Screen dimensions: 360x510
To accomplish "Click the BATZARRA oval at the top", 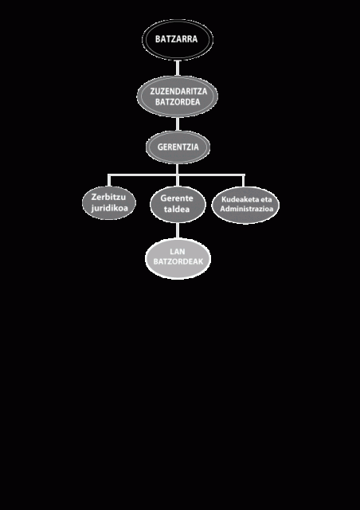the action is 178,40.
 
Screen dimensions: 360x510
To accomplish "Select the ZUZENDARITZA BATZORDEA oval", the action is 178,96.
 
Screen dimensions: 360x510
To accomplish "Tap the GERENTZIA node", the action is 178,147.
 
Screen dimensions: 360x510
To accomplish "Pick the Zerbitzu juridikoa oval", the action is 109,203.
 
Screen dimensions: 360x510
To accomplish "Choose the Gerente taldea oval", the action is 178,204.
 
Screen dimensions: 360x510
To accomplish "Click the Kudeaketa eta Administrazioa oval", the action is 245,205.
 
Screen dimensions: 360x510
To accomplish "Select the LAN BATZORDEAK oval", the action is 178,259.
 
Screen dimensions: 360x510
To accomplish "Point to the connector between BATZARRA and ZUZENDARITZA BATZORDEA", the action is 178,68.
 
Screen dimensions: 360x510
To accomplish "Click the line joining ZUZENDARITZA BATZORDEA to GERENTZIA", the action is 178,124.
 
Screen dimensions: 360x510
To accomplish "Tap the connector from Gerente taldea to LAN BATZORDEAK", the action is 178,231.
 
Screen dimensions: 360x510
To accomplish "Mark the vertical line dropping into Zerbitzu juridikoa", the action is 109,181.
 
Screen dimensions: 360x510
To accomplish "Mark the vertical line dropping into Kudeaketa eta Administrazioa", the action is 244,181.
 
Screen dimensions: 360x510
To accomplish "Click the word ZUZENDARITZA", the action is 178,91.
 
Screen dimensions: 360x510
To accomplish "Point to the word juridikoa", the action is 110,208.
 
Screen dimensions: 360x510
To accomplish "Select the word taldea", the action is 177,209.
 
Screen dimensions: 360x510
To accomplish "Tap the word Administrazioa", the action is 246,209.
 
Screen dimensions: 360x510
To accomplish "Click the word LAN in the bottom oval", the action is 178,252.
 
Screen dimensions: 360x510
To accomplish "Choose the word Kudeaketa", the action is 237,199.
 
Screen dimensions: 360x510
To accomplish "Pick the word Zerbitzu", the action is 108,197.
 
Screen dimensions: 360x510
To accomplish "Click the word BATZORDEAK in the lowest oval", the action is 178,261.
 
